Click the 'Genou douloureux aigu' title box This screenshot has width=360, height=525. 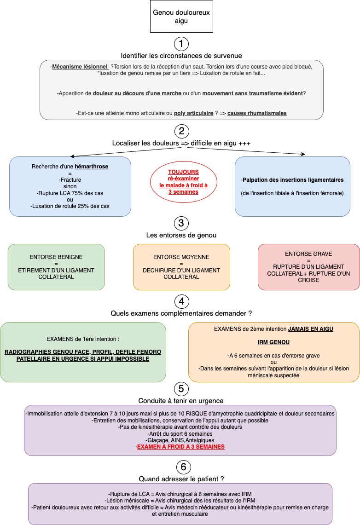181,17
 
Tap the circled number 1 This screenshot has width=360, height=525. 181,44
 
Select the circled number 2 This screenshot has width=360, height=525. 181,131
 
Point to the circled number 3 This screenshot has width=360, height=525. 181,223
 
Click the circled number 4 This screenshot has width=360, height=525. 181,301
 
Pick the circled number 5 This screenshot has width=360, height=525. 181,389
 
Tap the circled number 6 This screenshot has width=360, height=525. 183,467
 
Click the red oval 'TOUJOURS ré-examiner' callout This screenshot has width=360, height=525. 184,182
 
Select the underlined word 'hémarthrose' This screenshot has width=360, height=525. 92,167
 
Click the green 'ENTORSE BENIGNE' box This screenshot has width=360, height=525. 56,267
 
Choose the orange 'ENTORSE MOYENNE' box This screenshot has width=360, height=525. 181,267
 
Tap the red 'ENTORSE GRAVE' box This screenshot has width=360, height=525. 309,267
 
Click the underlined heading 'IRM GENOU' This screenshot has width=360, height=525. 273,342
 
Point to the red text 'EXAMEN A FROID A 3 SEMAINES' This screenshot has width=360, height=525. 181,447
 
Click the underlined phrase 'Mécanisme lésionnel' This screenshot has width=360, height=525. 80,67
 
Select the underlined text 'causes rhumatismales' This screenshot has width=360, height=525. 257,113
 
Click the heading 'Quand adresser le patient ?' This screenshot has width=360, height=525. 181,479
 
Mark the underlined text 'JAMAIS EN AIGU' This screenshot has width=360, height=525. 311,329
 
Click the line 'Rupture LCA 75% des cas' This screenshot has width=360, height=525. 70,193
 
